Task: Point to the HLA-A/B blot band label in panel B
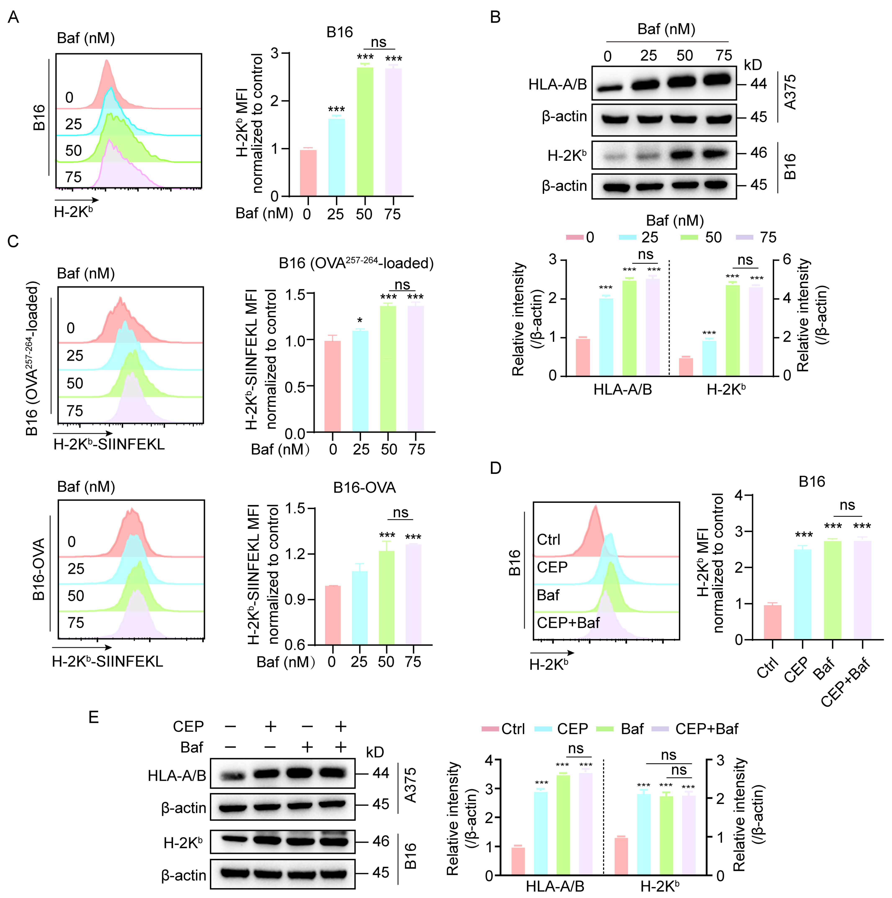[x=558, y=85]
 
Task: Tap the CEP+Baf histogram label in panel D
[x=568, y=622]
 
